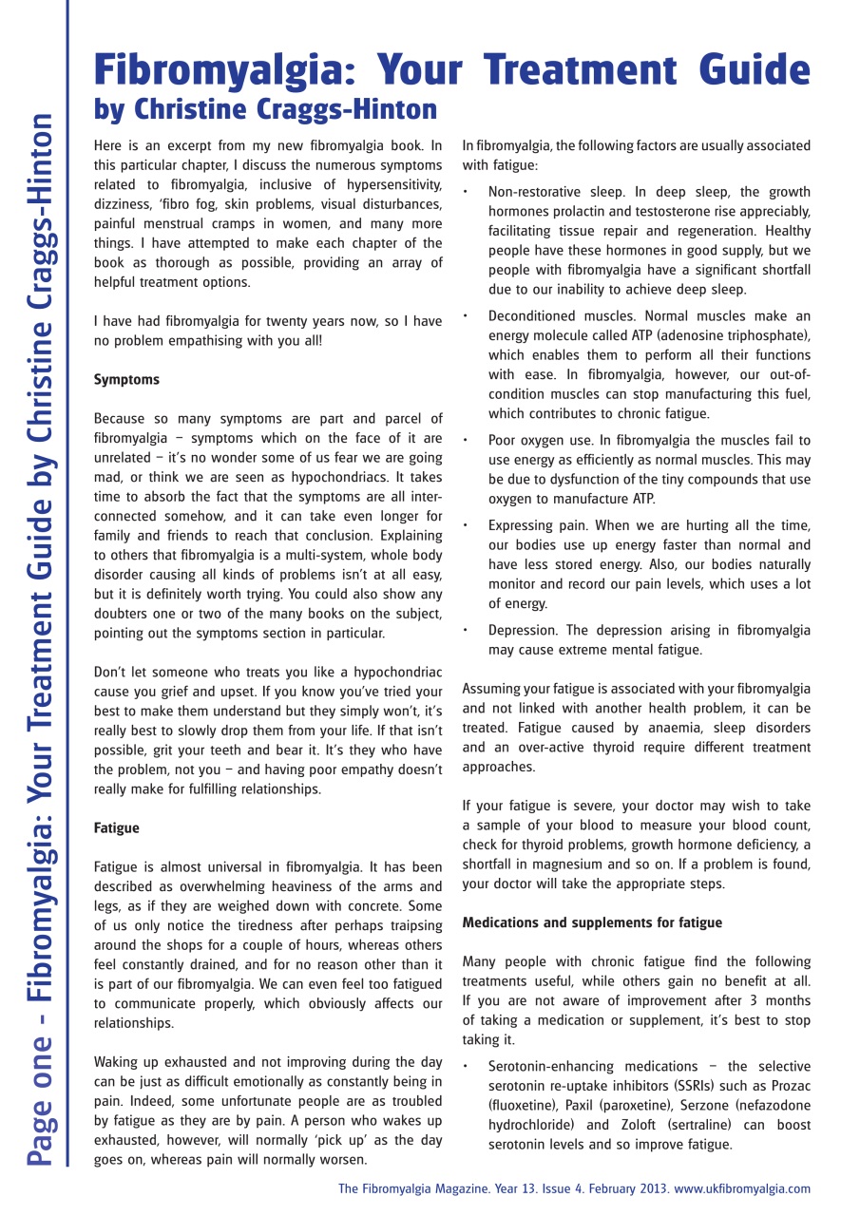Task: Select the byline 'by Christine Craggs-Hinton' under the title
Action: click(265, 110)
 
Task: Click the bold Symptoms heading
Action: click(126, 379)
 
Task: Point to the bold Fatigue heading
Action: click(116, 827)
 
